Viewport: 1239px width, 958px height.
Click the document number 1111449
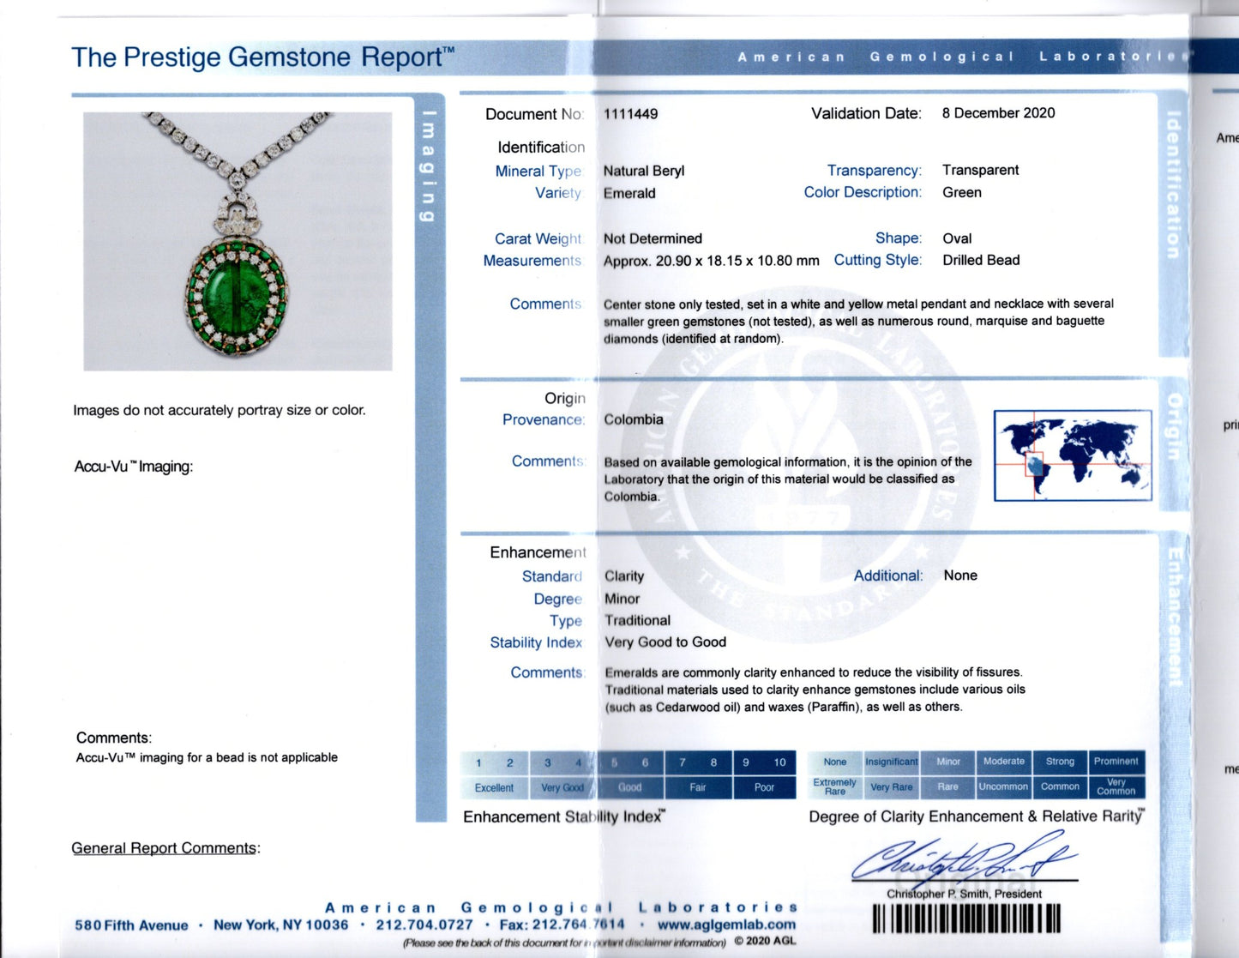coord(630,114)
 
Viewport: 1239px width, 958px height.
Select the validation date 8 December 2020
coord(998,113)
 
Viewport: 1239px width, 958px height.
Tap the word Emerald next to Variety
coord(629,193)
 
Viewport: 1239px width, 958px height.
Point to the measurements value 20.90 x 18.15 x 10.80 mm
coord(711,261)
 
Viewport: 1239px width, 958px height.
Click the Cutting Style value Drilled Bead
coord(981,260)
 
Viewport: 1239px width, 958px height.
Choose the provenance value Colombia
coord(633,419)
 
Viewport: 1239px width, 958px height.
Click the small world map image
coord(1072,455)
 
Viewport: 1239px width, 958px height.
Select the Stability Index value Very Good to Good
coord(665,642)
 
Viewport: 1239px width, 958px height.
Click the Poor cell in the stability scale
coord(764,787)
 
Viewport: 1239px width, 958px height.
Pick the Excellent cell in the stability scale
coord(494,787)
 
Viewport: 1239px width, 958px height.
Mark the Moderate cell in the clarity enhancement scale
coord(1003,762)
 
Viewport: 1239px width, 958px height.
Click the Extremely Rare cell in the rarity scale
coord(834,786)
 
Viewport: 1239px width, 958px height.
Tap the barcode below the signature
coord(966,919)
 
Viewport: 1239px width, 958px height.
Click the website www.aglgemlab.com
coord(726,925)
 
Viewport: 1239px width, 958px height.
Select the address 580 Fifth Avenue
coord(131,925)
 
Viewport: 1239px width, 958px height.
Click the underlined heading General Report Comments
coord(164,848)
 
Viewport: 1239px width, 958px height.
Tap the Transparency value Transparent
coord(980,170)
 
